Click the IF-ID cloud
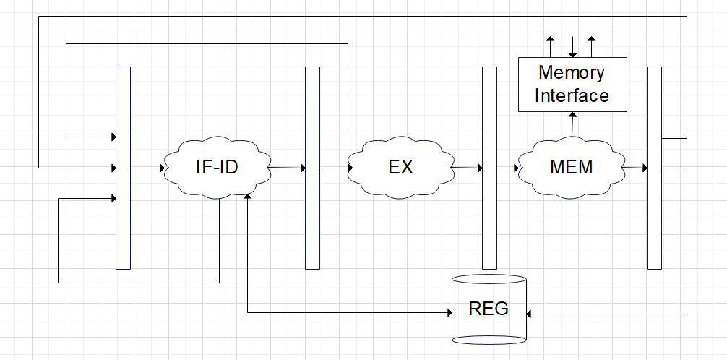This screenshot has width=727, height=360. pos(217,168)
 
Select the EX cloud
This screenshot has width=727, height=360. pos(400,167)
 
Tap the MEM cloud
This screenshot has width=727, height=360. pos(571,167)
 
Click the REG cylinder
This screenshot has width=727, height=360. pos(489,309)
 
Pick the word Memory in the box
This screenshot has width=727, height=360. pos(572,73)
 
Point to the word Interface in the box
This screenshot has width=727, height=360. pos(572,95)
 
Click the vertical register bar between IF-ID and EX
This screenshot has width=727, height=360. pos(312,168)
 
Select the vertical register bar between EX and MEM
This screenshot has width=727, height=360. pos(489,168)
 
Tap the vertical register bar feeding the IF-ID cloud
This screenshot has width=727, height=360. pos(123,168)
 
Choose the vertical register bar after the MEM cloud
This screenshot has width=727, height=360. pos(654,168)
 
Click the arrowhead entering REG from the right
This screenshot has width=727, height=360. pos(530,314)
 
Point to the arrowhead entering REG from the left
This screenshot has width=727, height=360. pos(448,313)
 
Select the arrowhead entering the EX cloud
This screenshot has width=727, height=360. pos(350,168)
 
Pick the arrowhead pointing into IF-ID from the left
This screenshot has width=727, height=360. pos(162,168)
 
